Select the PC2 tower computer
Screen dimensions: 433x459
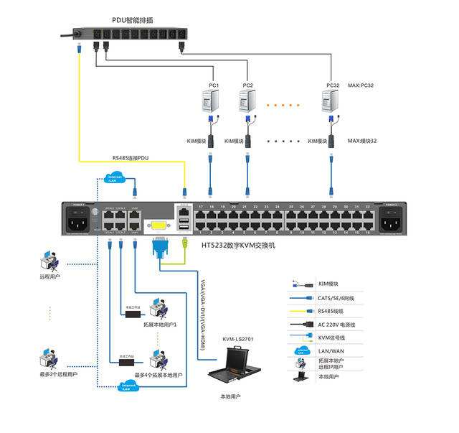247,101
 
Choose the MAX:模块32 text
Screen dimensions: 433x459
361,141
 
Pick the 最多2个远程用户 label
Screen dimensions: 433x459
59,374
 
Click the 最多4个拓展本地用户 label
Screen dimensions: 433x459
159,376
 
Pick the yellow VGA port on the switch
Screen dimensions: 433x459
157,225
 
